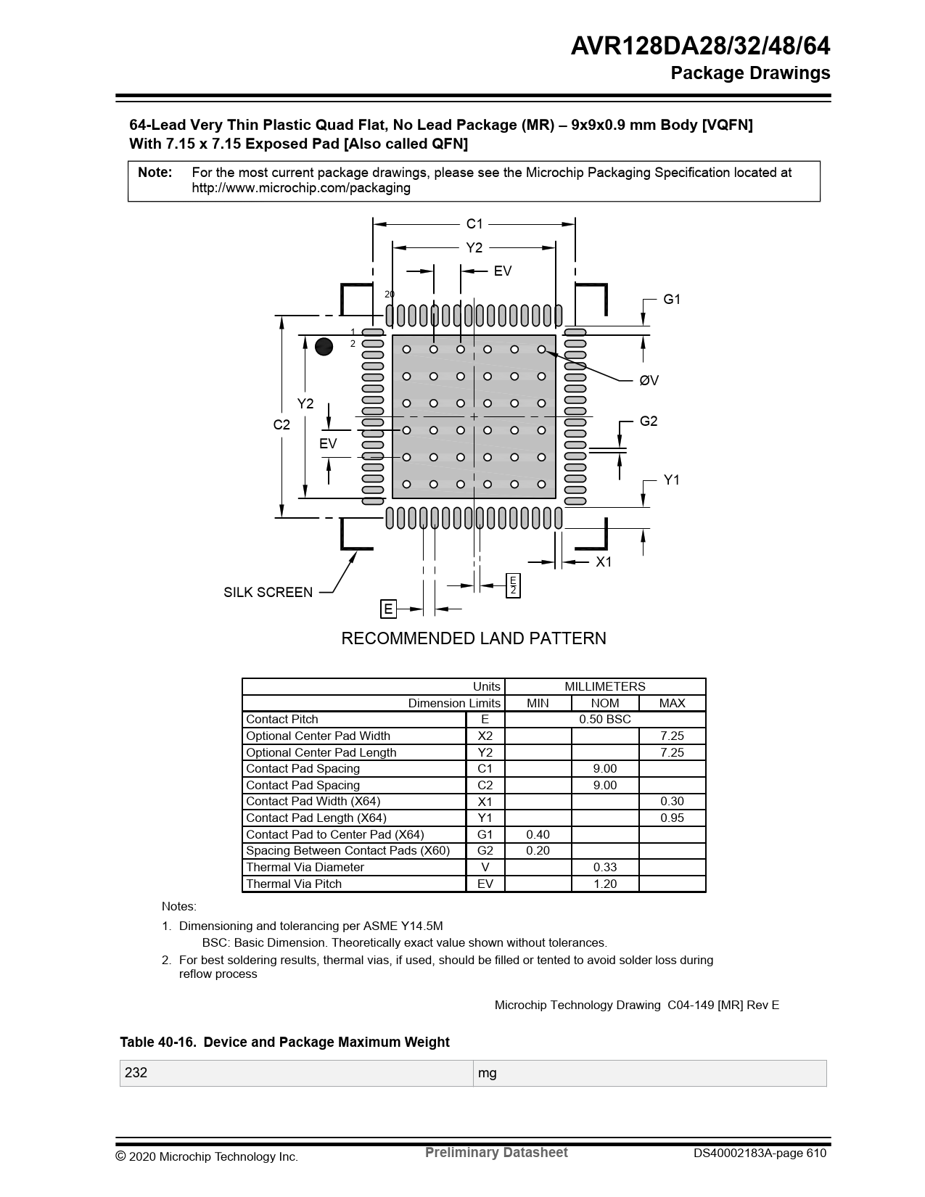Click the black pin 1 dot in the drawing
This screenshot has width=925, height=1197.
324,347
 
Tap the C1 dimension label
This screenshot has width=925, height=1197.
474,224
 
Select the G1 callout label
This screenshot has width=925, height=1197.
672,299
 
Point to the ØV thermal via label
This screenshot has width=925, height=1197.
649,380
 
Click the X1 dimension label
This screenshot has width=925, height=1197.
604,562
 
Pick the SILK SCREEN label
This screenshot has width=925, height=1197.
268,592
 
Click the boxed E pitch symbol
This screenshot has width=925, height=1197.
388,609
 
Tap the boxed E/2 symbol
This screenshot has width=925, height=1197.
513,585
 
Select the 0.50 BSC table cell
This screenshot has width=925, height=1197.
604,719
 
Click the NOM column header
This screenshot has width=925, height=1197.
604,703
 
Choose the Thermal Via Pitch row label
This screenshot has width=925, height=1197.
294,884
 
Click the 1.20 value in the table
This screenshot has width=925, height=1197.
604,884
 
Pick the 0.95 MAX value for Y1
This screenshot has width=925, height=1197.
672,818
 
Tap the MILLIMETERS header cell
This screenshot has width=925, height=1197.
604,686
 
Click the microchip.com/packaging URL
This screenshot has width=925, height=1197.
301,188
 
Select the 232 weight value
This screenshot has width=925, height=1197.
136,1072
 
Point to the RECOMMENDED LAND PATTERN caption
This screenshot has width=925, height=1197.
473,638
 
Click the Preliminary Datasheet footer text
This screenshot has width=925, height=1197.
496,1153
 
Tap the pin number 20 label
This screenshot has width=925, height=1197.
390,294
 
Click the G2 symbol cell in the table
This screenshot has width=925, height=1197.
485,850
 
